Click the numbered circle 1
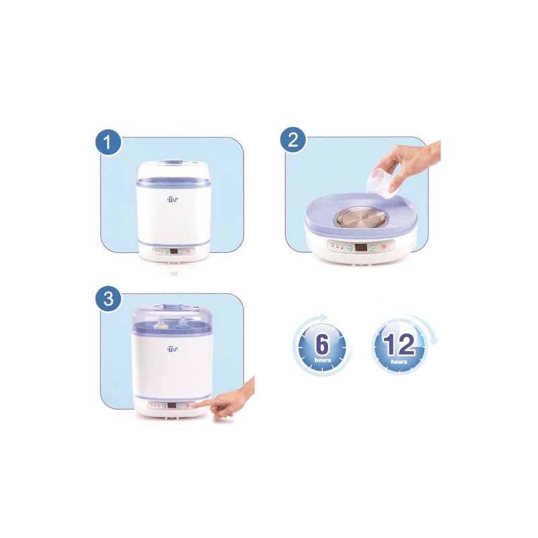[108, 143]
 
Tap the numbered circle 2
[293, 140]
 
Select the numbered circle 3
[108, 299]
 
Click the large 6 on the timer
[322, 344]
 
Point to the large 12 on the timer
[399, 344]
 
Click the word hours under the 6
[323, 360]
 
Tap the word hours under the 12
[399, 362]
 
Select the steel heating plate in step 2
[360, 220]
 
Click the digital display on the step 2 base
[360, 247]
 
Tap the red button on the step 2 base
[383, 247]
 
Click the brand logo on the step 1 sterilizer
[173, 199]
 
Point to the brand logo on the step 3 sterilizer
[173, 349]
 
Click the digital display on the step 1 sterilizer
[174, 251]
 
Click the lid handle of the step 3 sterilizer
[174, 307]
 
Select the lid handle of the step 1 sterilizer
[174, 162]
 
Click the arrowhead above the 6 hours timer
[323, 316]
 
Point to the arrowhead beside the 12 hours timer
[434, 340]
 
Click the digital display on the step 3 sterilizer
[172, 406]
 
